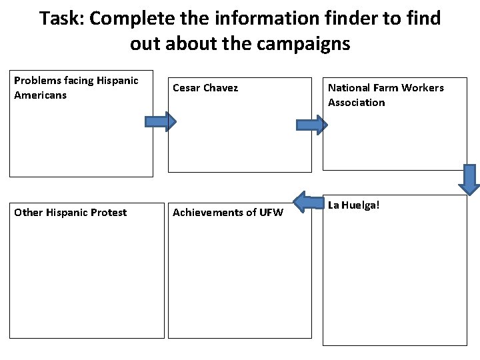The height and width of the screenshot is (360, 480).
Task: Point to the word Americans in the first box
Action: point(40,95)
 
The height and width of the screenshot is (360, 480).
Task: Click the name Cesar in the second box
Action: point(187,88)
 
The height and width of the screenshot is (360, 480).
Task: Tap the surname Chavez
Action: point(221,88)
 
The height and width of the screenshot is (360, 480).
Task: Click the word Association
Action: point(356,103)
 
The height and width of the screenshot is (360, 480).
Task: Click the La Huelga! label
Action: point(353,205)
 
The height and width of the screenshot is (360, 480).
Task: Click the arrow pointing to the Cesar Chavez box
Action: point(160,121)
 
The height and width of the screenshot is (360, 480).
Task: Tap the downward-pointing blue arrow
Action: point(471,179)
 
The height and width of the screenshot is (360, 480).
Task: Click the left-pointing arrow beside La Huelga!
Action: point(308,204)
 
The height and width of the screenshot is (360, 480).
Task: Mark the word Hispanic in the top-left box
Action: point(117,81)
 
